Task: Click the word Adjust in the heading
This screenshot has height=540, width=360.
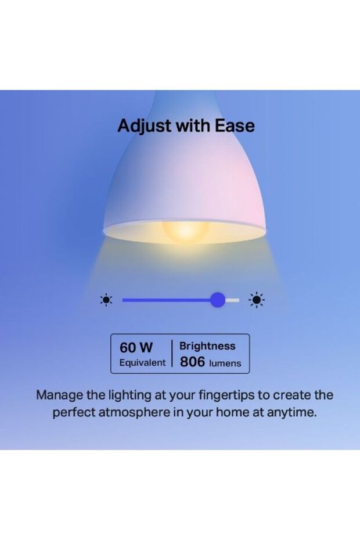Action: (x=141, y=126)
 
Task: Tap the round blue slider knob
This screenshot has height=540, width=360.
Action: (x=218, y=300)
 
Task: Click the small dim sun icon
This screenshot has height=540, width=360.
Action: (x=106, y=300)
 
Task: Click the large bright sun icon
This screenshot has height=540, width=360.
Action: (x=257, y=300)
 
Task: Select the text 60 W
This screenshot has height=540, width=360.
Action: (x=136, y=347)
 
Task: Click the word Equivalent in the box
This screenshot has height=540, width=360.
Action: (x=142, y=363)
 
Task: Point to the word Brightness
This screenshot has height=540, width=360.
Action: (x=207, y=346)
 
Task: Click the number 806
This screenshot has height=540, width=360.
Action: (x=192, y=362)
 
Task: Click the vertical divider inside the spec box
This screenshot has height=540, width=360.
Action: (x=172, y=353)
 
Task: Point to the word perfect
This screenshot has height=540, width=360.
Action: (x=74, y=413)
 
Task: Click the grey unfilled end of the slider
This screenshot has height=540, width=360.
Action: (x=233, y=300)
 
